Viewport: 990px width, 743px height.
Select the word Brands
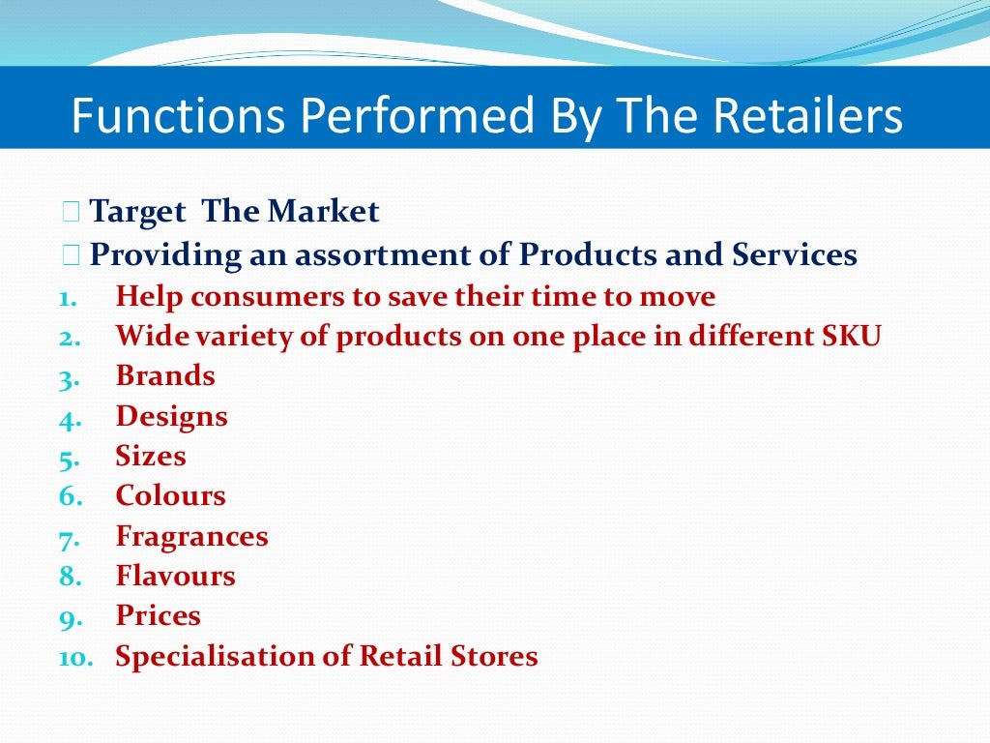coord(165,375)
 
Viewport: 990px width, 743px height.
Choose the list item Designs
coord(171,417)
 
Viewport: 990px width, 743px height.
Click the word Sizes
coord(151,456)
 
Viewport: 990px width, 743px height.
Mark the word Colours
coord(170,495)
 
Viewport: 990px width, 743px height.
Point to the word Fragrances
coord(191,536)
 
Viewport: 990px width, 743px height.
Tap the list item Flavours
coord(175,576)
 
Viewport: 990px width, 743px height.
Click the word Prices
coord(159,615)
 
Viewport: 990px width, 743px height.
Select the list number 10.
coord(74,658)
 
